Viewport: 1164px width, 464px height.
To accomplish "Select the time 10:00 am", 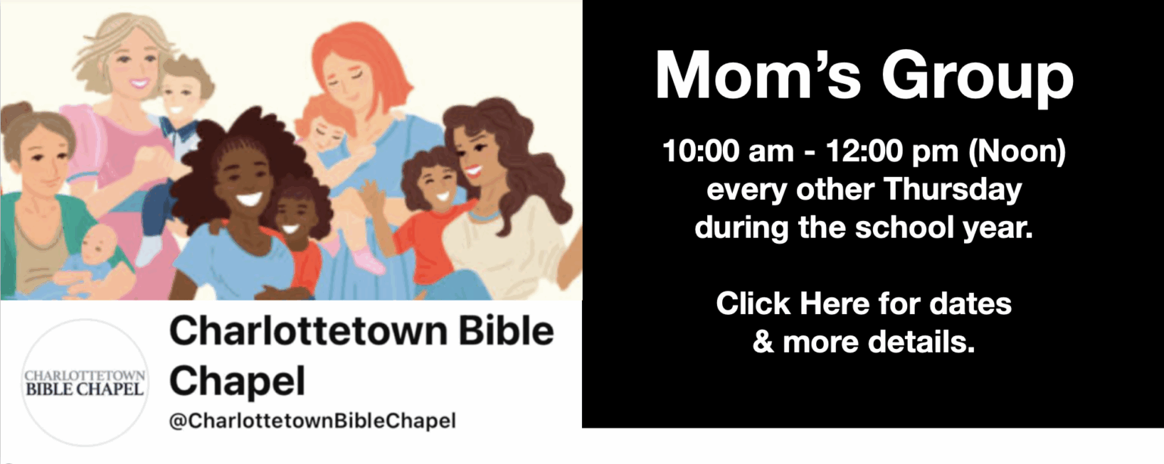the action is pyautogui.click(x=727, y=151).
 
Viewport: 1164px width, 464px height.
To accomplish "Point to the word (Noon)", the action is pyautogui.click(x=1016, y=151).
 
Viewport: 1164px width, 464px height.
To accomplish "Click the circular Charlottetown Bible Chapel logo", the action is pyautogui.click(x=85, y=382).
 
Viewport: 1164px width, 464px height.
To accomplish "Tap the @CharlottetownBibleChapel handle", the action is pyautogui.click(x=313, y=420).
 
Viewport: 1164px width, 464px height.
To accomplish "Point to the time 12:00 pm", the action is pyautogui.click(x=892, y=151).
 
